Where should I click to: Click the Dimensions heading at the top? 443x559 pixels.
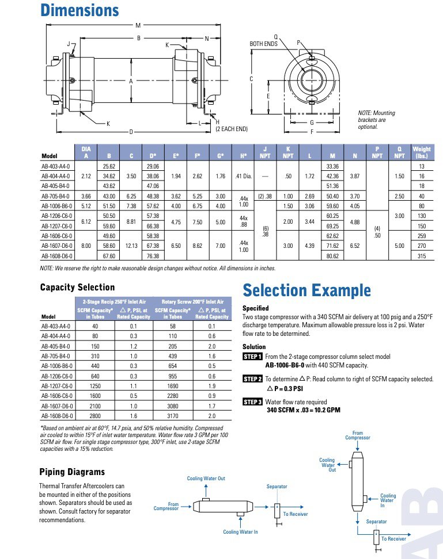coord(79,10)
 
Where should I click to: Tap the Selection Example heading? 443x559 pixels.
coord(306,290)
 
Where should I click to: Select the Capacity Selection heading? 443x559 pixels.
coord(77,287)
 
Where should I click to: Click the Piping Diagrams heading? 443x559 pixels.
coord(72,472)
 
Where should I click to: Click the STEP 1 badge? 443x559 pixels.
coord(253,357)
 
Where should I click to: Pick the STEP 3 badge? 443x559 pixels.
coord(253,402)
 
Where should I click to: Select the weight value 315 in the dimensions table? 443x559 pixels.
coord(421,255)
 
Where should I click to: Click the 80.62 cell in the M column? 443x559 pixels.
coord(332,255)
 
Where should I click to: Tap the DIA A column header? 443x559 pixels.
coord(86,152)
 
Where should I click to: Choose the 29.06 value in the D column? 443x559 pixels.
coord(153,166)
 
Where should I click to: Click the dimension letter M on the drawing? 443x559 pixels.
coord(138,25)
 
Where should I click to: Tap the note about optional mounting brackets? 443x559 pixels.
coord(377,120)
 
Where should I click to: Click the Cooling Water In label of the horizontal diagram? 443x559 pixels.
coord(240,532)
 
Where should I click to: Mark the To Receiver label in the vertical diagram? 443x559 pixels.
coord(393,539)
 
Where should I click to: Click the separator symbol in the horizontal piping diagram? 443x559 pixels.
coord(277,510)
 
